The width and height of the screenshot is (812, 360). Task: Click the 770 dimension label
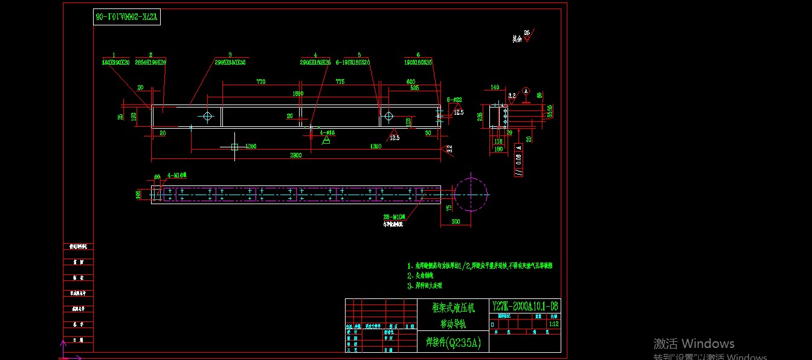point(260,82)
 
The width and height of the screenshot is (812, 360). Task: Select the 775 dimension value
point(340,82)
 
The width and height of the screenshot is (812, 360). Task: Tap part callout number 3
point(230,55)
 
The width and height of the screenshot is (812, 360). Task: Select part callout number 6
point(418,55)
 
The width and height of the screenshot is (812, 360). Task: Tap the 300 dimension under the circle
point(456,222)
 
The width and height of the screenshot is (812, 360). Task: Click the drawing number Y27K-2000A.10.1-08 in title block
point(525,306)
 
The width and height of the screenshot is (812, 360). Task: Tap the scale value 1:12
point(553,324)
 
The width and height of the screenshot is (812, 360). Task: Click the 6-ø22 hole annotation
point(454,100)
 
